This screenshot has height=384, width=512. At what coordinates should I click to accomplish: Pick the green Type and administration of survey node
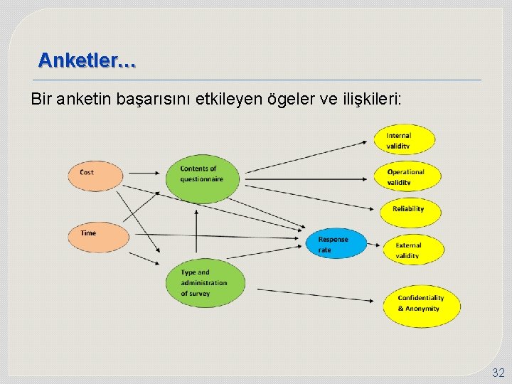(206, 282)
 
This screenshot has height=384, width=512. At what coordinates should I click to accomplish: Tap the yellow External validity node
(414, 250)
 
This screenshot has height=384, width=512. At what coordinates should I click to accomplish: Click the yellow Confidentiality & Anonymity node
(422, 304)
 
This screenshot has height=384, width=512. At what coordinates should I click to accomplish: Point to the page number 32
(497, 373)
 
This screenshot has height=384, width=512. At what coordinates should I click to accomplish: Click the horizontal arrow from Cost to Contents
(146, 172)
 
